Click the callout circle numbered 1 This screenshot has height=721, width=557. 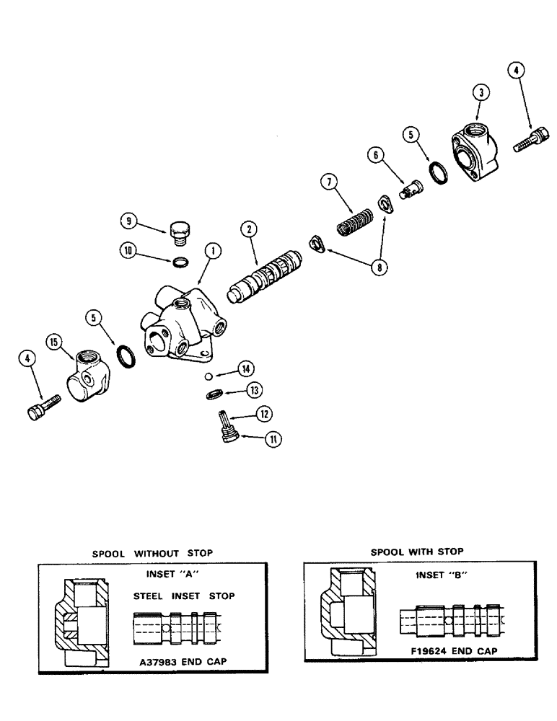pos(212,252)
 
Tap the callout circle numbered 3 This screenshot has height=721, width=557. pos(482,92)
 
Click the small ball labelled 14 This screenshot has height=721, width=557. pos(207,376)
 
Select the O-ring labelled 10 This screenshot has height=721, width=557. pos(181,260)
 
